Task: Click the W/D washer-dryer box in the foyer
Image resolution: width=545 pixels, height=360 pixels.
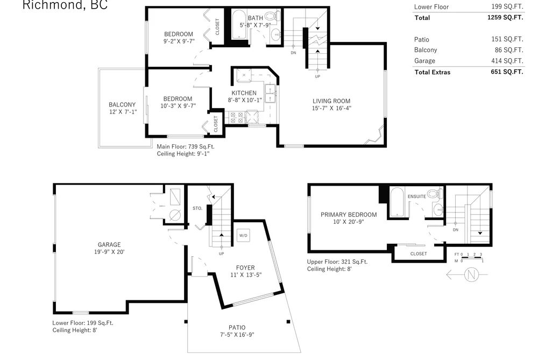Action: coord(243,235)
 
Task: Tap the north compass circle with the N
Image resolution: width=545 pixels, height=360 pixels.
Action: coord(471,274)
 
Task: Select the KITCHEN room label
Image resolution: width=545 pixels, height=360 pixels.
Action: coord(244,93)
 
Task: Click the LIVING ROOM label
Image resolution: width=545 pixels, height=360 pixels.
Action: coord(331,101)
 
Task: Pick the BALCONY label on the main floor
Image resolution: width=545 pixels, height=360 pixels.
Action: coord(122,104)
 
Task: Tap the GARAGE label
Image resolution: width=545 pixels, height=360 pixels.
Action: coord(109,245)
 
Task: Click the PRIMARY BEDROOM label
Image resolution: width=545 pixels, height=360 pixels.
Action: coord(349,215)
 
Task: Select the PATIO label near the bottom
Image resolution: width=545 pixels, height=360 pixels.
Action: coord(237,327)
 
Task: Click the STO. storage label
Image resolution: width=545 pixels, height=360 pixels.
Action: coord(197,208)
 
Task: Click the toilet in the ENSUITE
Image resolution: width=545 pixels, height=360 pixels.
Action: coord(435,194)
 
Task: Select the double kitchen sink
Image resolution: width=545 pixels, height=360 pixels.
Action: coord(270,94)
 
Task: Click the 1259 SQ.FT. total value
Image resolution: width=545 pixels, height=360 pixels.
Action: coord(505,17)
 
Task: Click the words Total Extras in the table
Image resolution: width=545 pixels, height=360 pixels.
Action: coord(433,72)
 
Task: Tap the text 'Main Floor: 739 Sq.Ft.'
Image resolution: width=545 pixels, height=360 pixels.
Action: coord(186,147)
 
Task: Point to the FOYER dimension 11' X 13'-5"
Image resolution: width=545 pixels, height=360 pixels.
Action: coord(246,275)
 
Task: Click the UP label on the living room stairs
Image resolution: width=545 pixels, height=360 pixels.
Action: coord(317,76)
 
